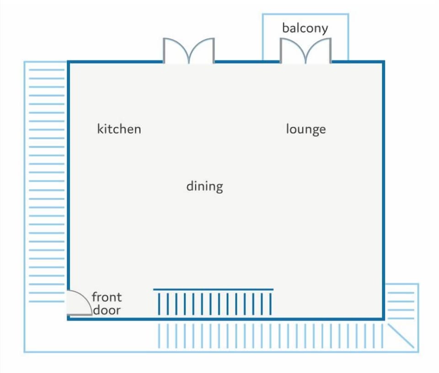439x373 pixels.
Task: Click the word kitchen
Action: click(x=119, y=129)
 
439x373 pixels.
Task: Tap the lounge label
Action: click(x=306, y=129)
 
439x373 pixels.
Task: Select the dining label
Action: click(x=205, y=186)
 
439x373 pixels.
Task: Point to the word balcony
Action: click(x=305, y=28)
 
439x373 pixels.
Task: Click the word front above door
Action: click(x=107, y=297)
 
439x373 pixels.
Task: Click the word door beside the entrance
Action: click(x=107, y=310)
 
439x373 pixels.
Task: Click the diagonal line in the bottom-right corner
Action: click(x=401, y=336)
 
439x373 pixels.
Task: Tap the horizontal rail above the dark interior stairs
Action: click(x=214, y=289)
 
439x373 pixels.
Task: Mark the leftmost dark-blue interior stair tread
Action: click(x=159, y=304)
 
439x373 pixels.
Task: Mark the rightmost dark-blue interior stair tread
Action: click(x=270, y=304)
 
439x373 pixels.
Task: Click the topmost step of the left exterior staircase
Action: click(x=47, y=69)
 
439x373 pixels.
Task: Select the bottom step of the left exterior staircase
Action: click(x=47, y=301)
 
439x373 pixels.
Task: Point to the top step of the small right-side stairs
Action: click(x=401, y=293)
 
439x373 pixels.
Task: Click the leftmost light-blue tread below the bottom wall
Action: click(x=159, y=336)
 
